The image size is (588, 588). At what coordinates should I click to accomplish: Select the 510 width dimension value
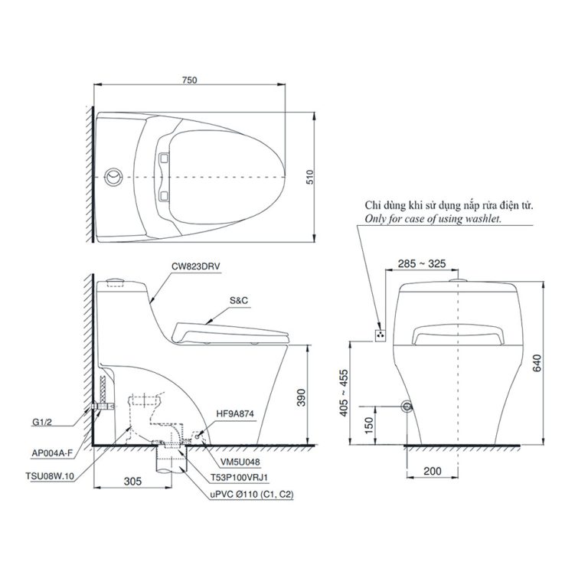pos(310,177)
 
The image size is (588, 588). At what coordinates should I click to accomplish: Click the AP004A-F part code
pos(51,452)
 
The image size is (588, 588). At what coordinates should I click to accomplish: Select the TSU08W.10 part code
pos(48,475)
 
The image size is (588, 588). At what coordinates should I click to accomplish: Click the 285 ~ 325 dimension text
pos(421,263)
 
